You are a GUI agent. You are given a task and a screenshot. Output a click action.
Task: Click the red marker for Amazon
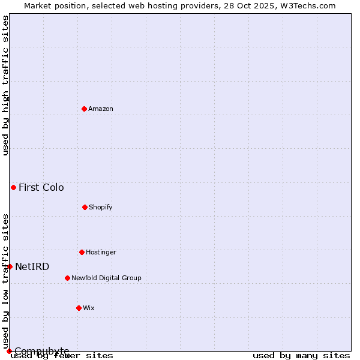[x=84, y=109]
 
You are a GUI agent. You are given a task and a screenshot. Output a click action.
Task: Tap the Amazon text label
[x=101, y=109]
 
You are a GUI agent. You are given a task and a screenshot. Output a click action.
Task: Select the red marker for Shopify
[x=85, y=207]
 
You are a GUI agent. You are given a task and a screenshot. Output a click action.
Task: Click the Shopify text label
[x=101, y=208]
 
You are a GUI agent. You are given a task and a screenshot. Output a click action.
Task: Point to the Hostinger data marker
[x=82, y=252]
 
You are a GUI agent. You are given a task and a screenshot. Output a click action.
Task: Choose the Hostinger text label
[x=101, y=253]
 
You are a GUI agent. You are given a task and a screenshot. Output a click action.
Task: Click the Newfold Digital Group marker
[x=67, y=278]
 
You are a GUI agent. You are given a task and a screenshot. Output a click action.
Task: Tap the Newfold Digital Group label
[x=106, y=278]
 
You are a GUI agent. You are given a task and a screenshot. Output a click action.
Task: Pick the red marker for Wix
[x=79, y=308]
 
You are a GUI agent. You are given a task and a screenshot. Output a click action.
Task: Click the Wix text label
[x=89, y=308]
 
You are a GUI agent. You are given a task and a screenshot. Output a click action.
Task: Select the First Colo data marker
[x=13, y=187]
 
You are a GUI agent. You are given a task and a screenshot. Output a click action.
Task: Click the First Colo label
[x=41, y=188]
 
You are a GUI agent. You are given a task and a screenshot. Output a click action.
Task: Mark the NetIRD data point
[x=10, y=266]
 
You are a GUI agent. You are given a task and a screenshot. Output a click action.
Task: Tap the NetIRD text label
[x=32, y=267]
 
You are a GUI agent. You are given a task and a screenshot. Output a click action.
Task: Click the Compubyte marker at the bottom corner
[x=9, y=351]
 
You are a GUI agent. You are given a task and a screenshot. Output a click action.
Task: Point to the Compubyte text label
[x=42, y=351]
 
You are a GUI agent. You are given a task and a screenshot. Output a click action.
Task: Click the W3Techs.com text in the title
[x=305, y=6]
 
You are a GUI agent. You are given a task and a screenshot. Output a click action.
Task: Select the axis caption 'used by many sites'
[x=301, y=356]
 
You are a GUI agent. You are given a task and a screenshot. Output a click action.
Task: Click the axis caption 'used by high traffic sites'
[x=6, y=85]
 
